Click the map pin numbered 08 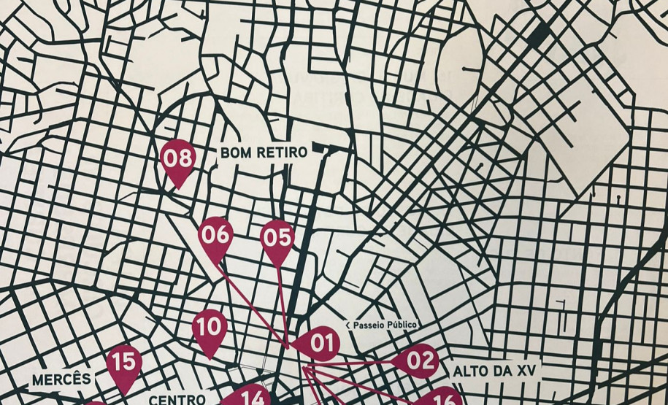177,159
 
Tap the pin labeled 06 216,236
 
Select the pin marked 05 277,239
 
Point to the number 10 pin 210,328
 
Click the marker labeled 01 320,343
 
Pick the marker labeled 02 419,360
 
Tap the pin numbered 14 252,396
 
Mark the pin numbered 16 442,398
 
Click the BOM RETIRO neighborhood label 253,153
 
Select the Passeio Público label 383,325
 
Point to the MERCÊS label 62,379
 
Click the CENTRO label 177,399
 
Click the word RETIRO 269,153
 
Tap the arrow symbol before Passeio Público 350,325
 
